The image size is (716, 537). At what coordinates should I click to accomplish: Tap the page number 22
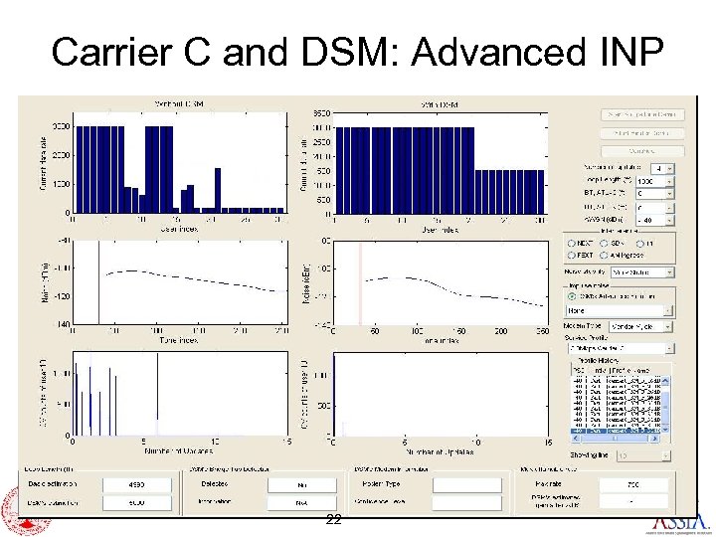tap(334, 520)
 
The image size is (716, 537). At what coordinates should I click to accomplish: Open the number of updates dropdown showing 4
tap(662, 168)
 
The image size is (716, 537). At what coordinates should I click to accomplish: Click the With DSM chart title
tap(438, 103)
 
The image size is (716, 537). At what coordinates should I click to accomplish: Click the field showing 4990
tap(136, 485)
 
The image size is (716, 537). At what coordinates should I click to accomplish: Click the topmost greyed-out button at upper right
tap(642, 115)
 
